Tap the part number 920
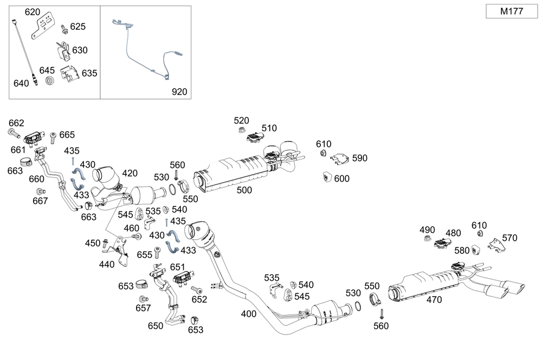179,92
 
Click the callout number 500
244,190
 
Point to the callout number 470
434,299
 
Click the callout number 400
249,313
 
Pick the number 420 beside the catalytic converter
130,173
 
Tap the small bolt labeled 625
64,27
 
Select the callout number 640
21,83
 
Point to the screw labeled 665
53,137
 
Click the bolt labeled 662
13,132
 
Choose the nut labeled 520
240,130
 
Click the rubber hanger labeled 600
327,177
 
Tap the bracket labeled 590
339,158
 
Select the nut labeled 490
427,239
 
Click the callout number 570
509,237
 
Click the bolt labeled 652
193,290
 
